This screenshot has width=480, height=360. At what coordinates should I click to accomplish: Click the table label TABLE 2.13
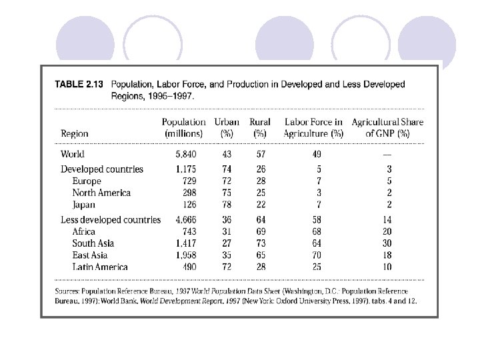click(78, 85)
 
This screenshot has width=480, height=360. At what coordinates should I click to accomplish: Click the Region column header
click(75, 133)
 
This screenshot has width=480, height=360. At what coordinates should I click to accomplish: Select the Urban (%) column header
click(227, 127)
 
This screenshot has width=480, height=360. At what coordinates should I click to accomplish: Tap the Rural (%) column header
click(259, 127)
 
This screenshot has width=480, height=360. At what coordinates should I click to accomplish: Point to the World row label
click(73, 154)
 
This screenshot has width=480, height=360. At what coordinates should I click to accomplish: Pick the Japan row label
click(84, 205)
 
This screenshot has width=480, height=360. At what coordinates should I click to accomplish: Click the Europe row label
click(87, 181)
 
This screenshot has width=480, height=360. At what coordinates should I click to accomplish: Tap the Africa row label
click(84, 231)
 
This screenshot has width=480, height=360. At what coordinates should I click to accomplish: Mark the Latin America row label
click(100, 267)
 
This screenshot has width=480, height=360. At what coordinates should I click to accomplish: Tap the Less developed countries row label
click(111, 219)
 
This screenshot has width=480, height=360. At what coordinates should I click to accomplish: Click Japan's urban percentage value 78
click(227, 205)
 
